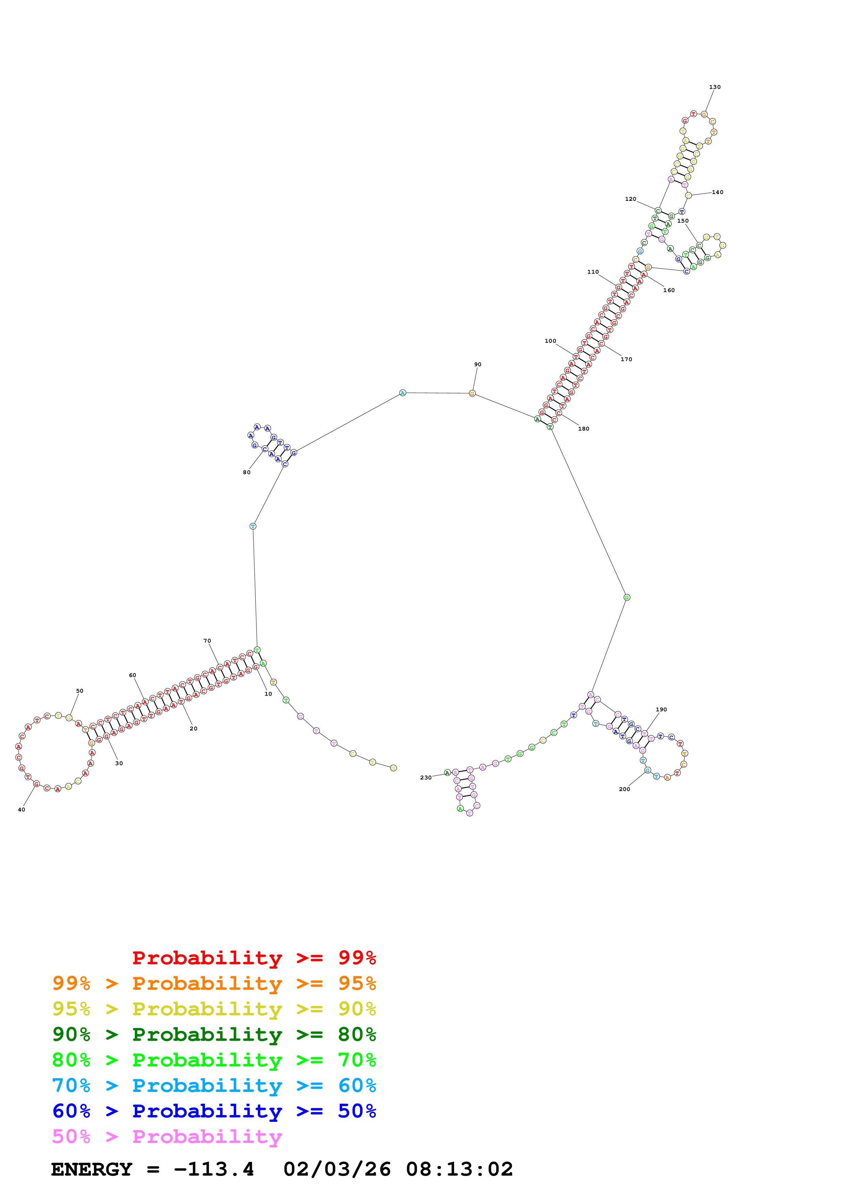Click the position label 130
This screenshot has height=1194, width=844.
pos(715,87)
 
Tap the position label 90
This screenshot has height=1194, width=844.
pos(477,365)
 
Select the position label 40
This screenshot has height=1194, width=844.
pos(21,810)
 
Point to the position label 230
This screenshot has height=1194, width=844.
pos(425,777)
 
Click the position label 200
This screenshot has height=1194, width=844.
pos(624,789)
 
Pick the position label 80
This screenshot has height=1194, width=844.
pos(246,472)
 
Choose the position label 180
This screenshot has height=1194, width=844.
pos(584,429)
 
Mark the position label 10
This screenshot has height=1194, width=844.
pos(268,694)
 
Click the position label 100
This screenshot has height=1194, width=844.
pos(550,341)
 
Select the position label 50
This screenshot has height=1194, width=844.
pos(80,691)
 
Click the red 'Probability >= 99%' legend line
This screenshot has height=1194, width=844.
pos(254,957)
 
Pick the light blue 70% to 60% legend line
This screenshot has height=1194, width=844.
pos(214,1085)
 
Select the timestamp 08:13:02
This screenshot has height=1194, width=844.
pos(459,1169)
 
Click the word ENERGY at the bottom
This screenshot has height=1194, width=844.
pos(92,1169)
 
